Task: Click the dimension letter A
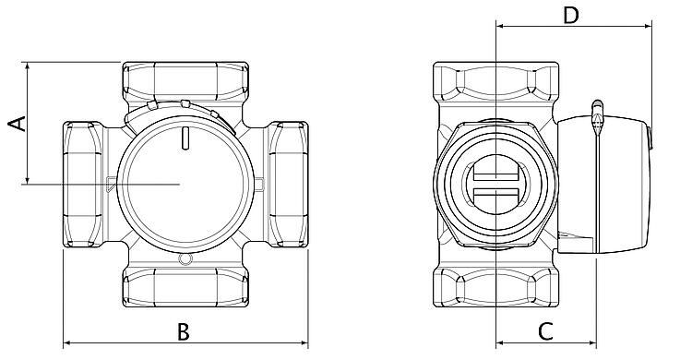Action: coord(18,124)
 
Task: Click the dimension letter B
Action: coord(184,331)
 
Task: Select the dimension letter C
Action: coord(546,331)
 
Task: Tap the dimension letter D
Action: coord(570,16)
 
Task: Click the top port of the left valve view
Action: coord(185,82)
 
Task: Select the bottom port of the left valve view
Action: coord(185,286)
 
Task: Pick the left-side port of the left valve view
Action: coord(83,185)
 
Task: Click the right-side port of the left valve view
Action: coord(288,185)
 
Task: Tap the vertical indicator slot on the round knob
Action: coord(185,138)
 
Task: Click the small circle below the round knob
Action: coord(185,259)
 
